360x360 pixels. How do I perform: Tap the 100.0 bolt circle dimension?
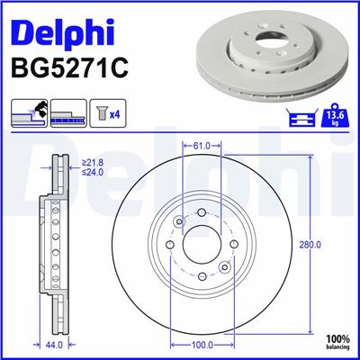tap(202, 344)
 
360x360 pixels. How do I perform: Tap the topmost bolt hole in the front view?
tap(202, 213)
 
